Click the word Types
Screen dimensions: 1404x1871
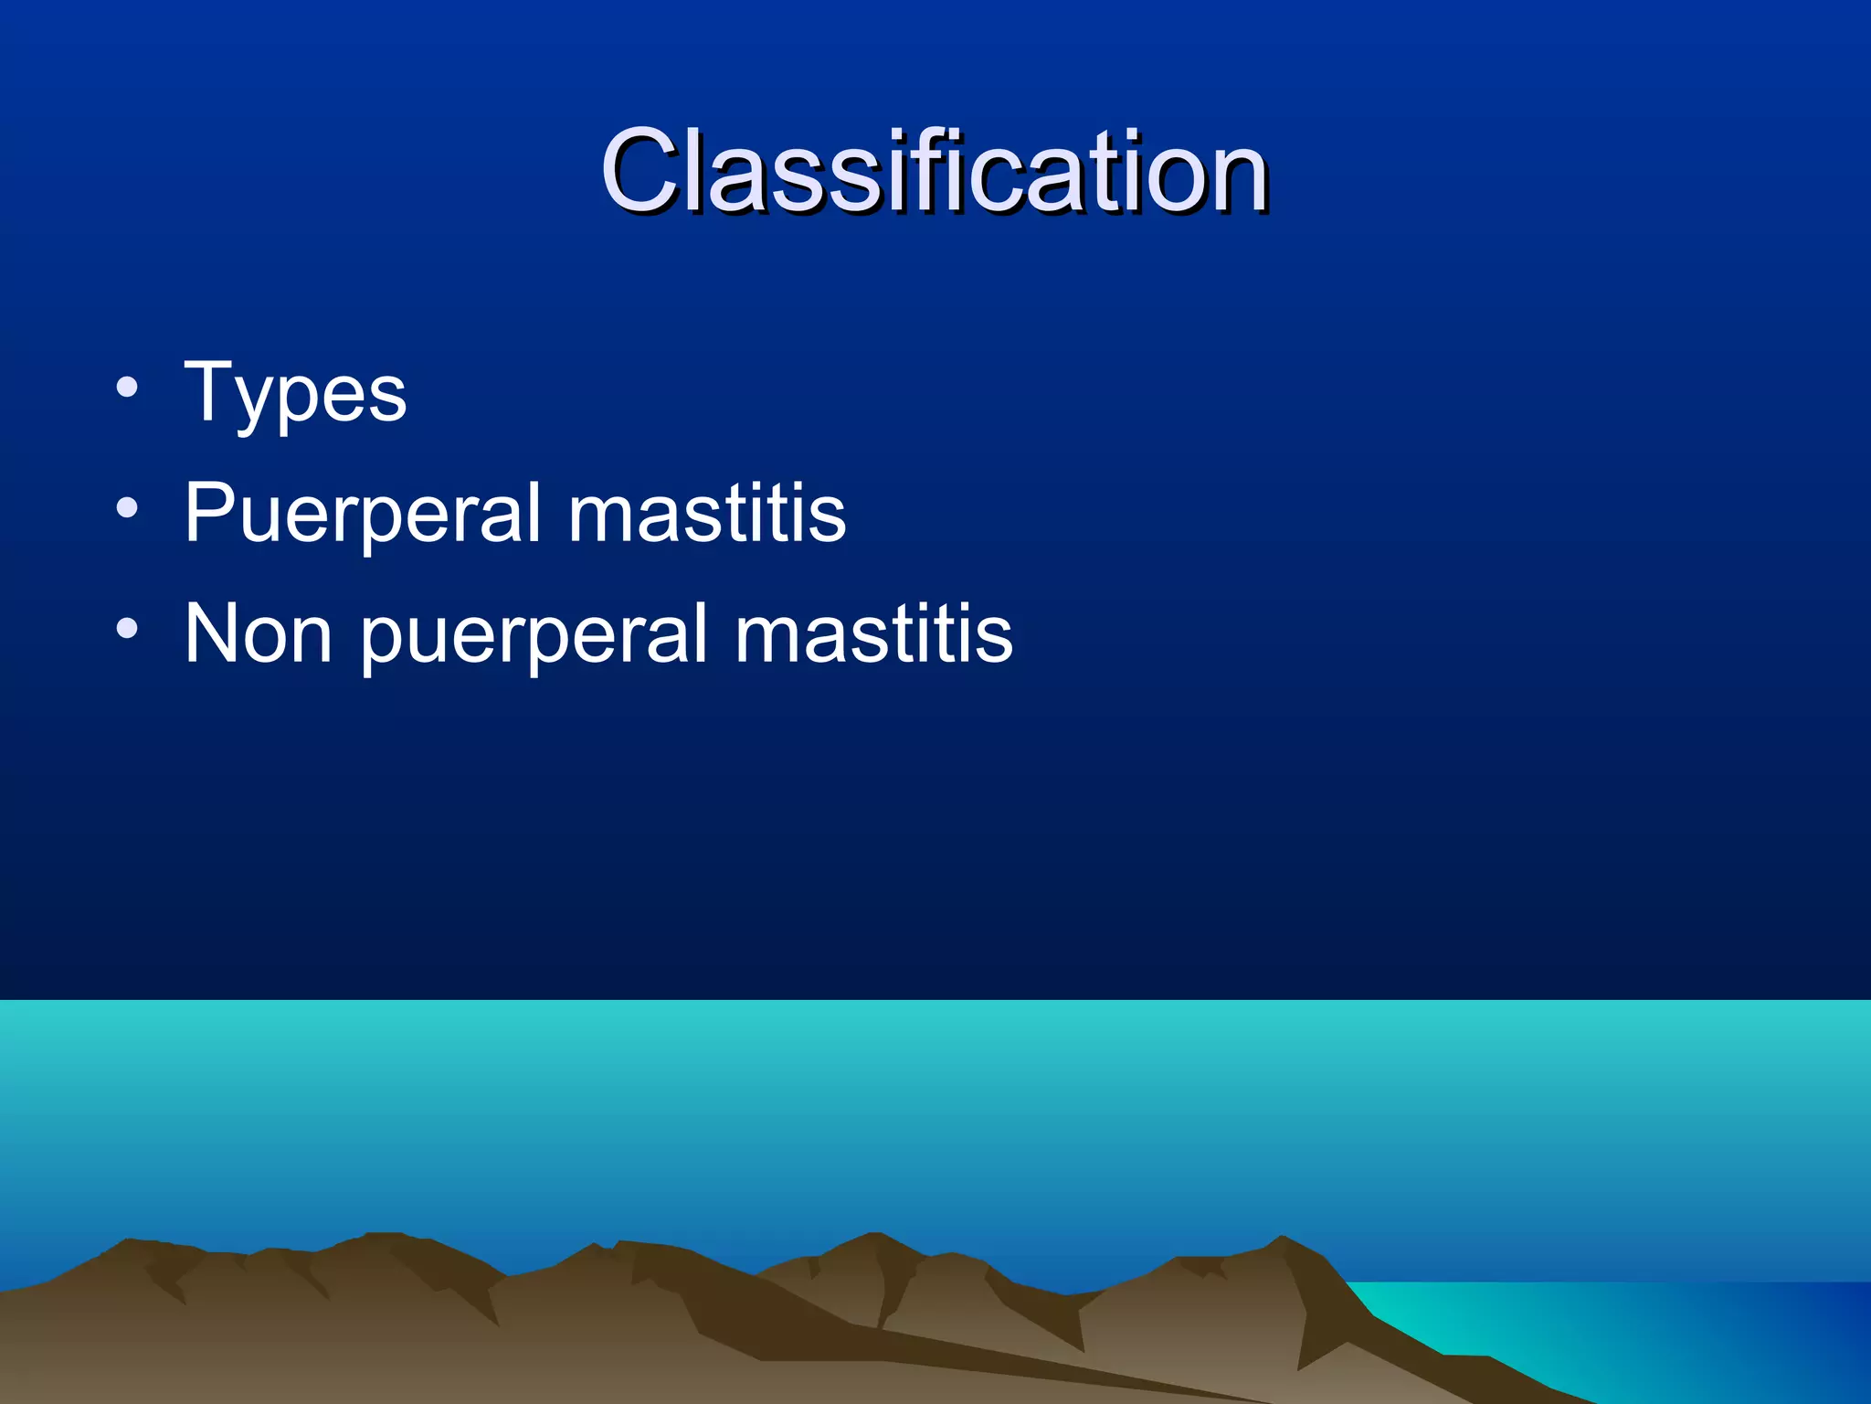(295, 394)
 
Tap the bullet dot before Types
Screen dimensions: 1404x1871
(127, 387)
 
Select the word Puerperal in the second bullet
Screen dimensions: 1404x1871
(363, 514)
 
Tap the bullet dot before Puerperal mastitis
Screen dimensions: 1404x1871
(127, 507)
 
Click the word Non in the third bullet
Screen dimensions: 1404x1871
(259, 633)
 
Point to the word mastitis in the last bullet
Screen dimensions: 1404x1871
(874, 633)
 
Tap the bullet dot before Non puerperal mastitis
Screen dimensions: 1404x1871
(127, 628)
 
